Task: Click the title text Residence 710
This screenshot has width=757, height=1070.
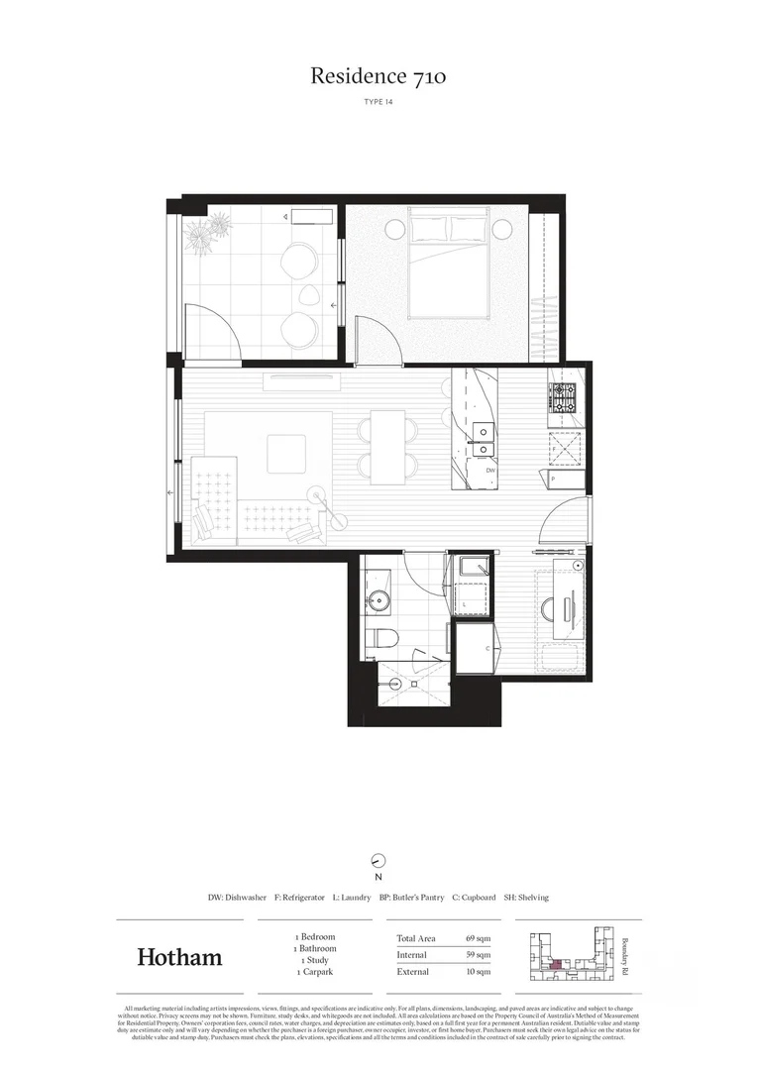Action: click(x=378, y=75)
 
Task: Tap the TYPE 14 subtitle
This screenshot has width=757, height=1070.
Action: click(x=378, y=101)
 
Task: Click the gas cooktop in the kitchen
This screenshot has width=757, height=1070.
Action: click(x=563, y=397)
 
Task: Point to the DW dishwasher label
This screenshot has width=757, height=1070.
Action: click(x=477, y=472)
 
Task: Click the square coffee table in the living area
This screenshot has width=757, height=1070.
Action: click(x=287, y=453)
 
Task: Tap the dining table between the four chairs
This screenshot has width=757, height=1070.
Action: click(x=387, y=441)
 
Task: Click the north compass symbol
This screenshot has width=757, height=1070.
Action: click(x=378, y=861)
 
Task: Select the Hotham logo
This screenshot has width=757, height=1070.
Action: click(x=179, y=957)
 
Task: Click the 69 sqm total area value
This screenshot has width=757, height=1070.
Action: click(x=478, y=938)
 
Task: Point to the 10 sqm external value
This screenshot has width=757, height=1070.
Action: click(x=478, y=972)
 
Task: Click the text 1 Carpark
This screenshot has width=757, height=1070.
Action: click(x=315, y=973)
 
